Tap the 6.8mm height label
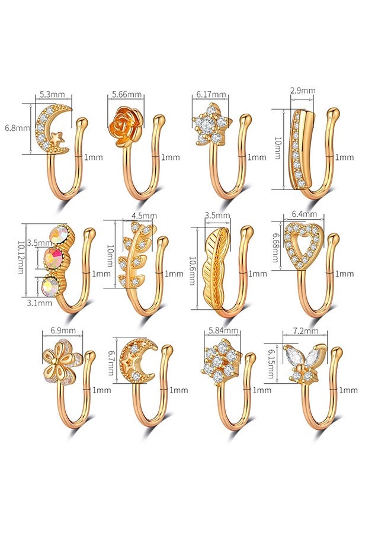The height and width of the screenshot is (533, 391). coord(17,128)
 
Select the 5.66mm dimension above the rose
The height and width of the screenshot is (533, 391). coord(127,94)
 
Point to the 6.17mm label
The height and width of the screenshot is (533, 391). coord(211,94)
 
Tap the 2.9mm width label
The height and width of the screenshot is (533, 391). coord(303,91)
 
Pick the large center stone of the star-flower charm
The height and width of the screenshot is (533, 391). coord(207,125)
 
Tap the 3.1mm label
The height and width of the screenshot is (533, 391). coord(40,302)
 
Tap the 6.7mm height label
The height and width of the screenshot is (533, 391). coord(111,361)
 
